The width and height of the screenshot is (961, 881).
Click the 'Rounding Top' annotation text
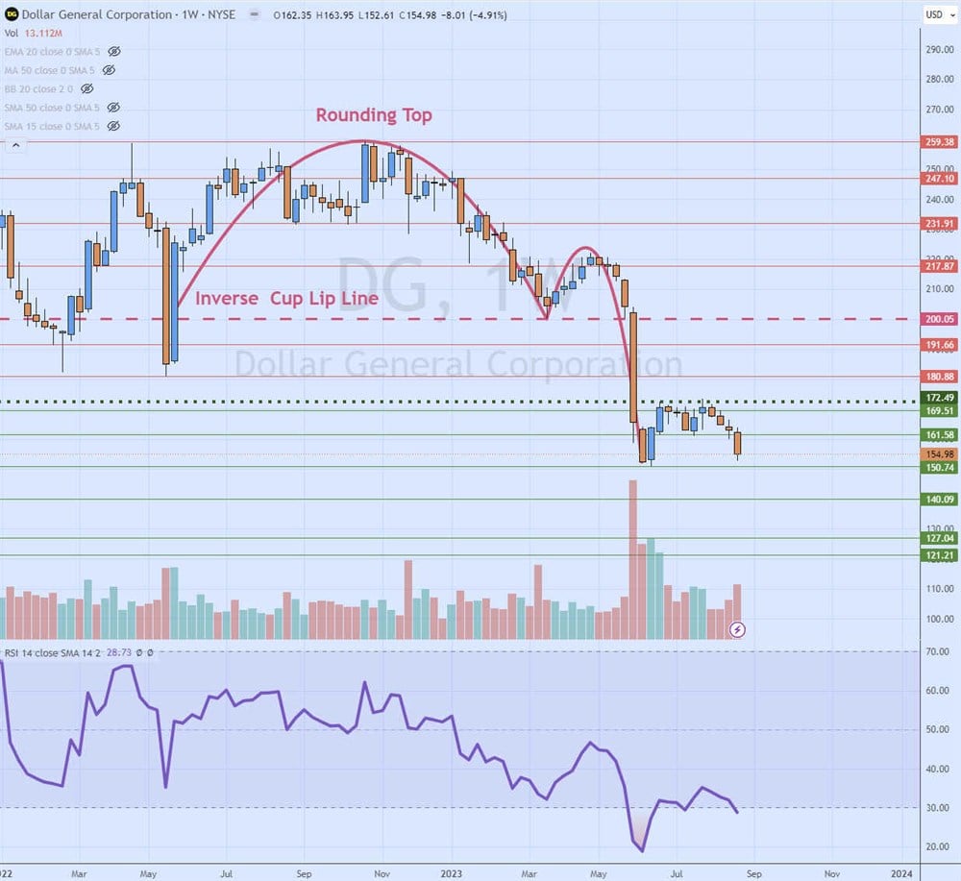tap(374, 115)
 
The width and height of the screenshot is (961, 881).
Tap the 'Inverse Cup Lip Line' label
tap(286, 299)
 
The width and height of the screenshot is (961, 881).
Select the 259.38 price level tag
tap(938, 142)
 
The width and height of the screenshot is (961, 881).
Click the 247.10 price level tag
tap(938, 179)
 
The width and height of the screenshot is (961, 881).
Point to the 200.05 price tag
tap(938, 319)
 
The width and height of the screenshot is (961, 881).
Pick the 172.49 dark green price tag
tap(938, 398)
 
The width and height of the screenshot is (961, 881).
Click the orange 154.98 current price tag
tap(938, 454)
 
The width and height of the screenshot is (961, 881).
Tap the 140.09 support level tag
tap(938, 500)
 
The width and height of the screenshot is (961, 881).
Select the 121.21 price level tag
tap(938, 555)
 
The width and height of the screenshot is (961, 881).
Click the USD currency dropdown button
tap(934, 14)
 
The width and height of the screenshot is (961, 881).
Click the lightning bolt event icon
tap(737, 630)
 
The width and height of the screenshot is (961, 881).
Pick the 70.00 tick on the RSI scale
tap(937, 652)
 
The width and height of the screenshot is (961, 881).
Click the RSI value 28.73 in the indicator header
tap(119, 652)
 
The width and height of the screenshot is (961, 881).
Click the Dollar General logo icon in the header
tap(12, 14)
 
